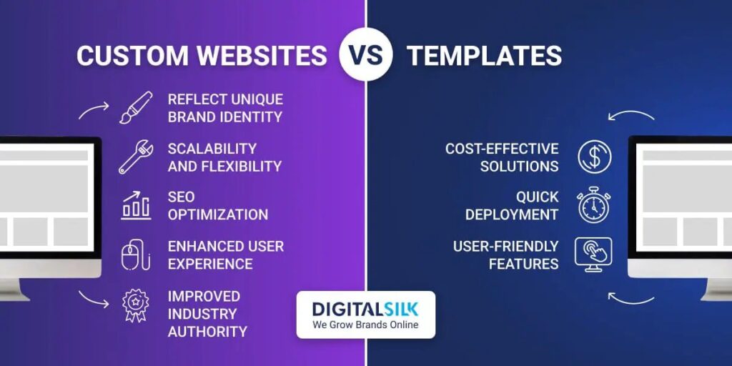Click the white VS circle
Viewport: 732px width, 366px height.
[366, 54]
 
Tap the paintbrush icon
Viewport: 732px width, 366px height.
[136, 107]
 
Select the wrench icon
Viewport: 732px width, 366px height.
[136, 157]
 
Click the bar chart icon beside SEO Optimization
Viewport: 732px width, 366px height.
[136, 205]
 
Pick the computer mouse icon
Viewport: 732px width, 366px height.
[136, 255]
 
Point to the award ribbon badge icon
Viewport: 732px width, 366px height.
[135, 305]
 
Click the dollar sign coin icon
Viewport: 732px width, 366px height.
[594, 157]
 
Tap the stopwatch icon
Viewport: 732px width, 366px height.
[594, 205]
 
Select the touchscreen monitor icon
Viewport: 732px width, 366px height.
[593, 255]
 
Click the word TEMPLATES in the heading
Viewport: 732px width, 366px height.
[484, 56]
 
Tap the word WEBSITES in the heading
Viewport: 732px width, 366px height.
[262, 56]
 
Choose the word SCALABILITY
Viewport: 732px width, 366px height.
[212, 149]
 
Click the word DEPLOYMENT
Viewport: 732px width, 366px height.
[512, 214]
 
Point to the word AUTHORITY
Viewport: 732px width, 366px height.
[207, 332]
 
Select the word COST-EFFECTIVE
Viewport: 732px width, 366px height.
[502, 149]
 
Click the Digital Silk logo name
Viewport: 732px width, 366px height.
[365, 309]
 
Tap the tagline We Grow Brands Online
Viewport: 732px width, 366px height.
[365, 325]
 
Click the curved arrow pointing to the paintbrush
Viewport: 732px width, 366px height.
[94, 111]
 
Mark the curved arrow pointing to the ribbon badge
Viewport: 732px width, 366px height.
[94, 299]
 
